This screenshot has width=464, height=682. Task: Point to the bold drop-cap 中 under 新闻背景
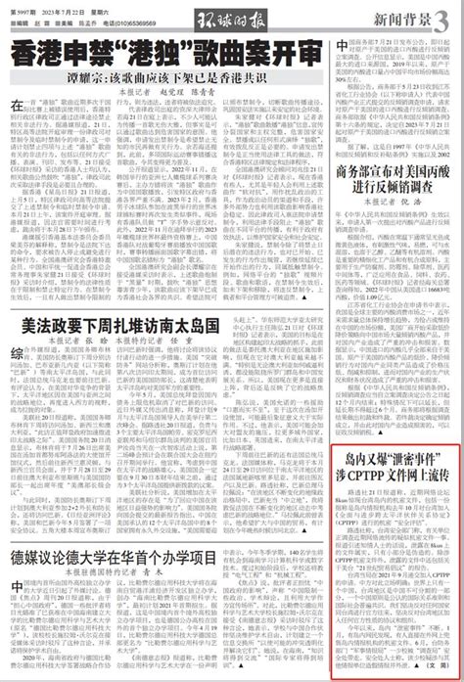point(341,46)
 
